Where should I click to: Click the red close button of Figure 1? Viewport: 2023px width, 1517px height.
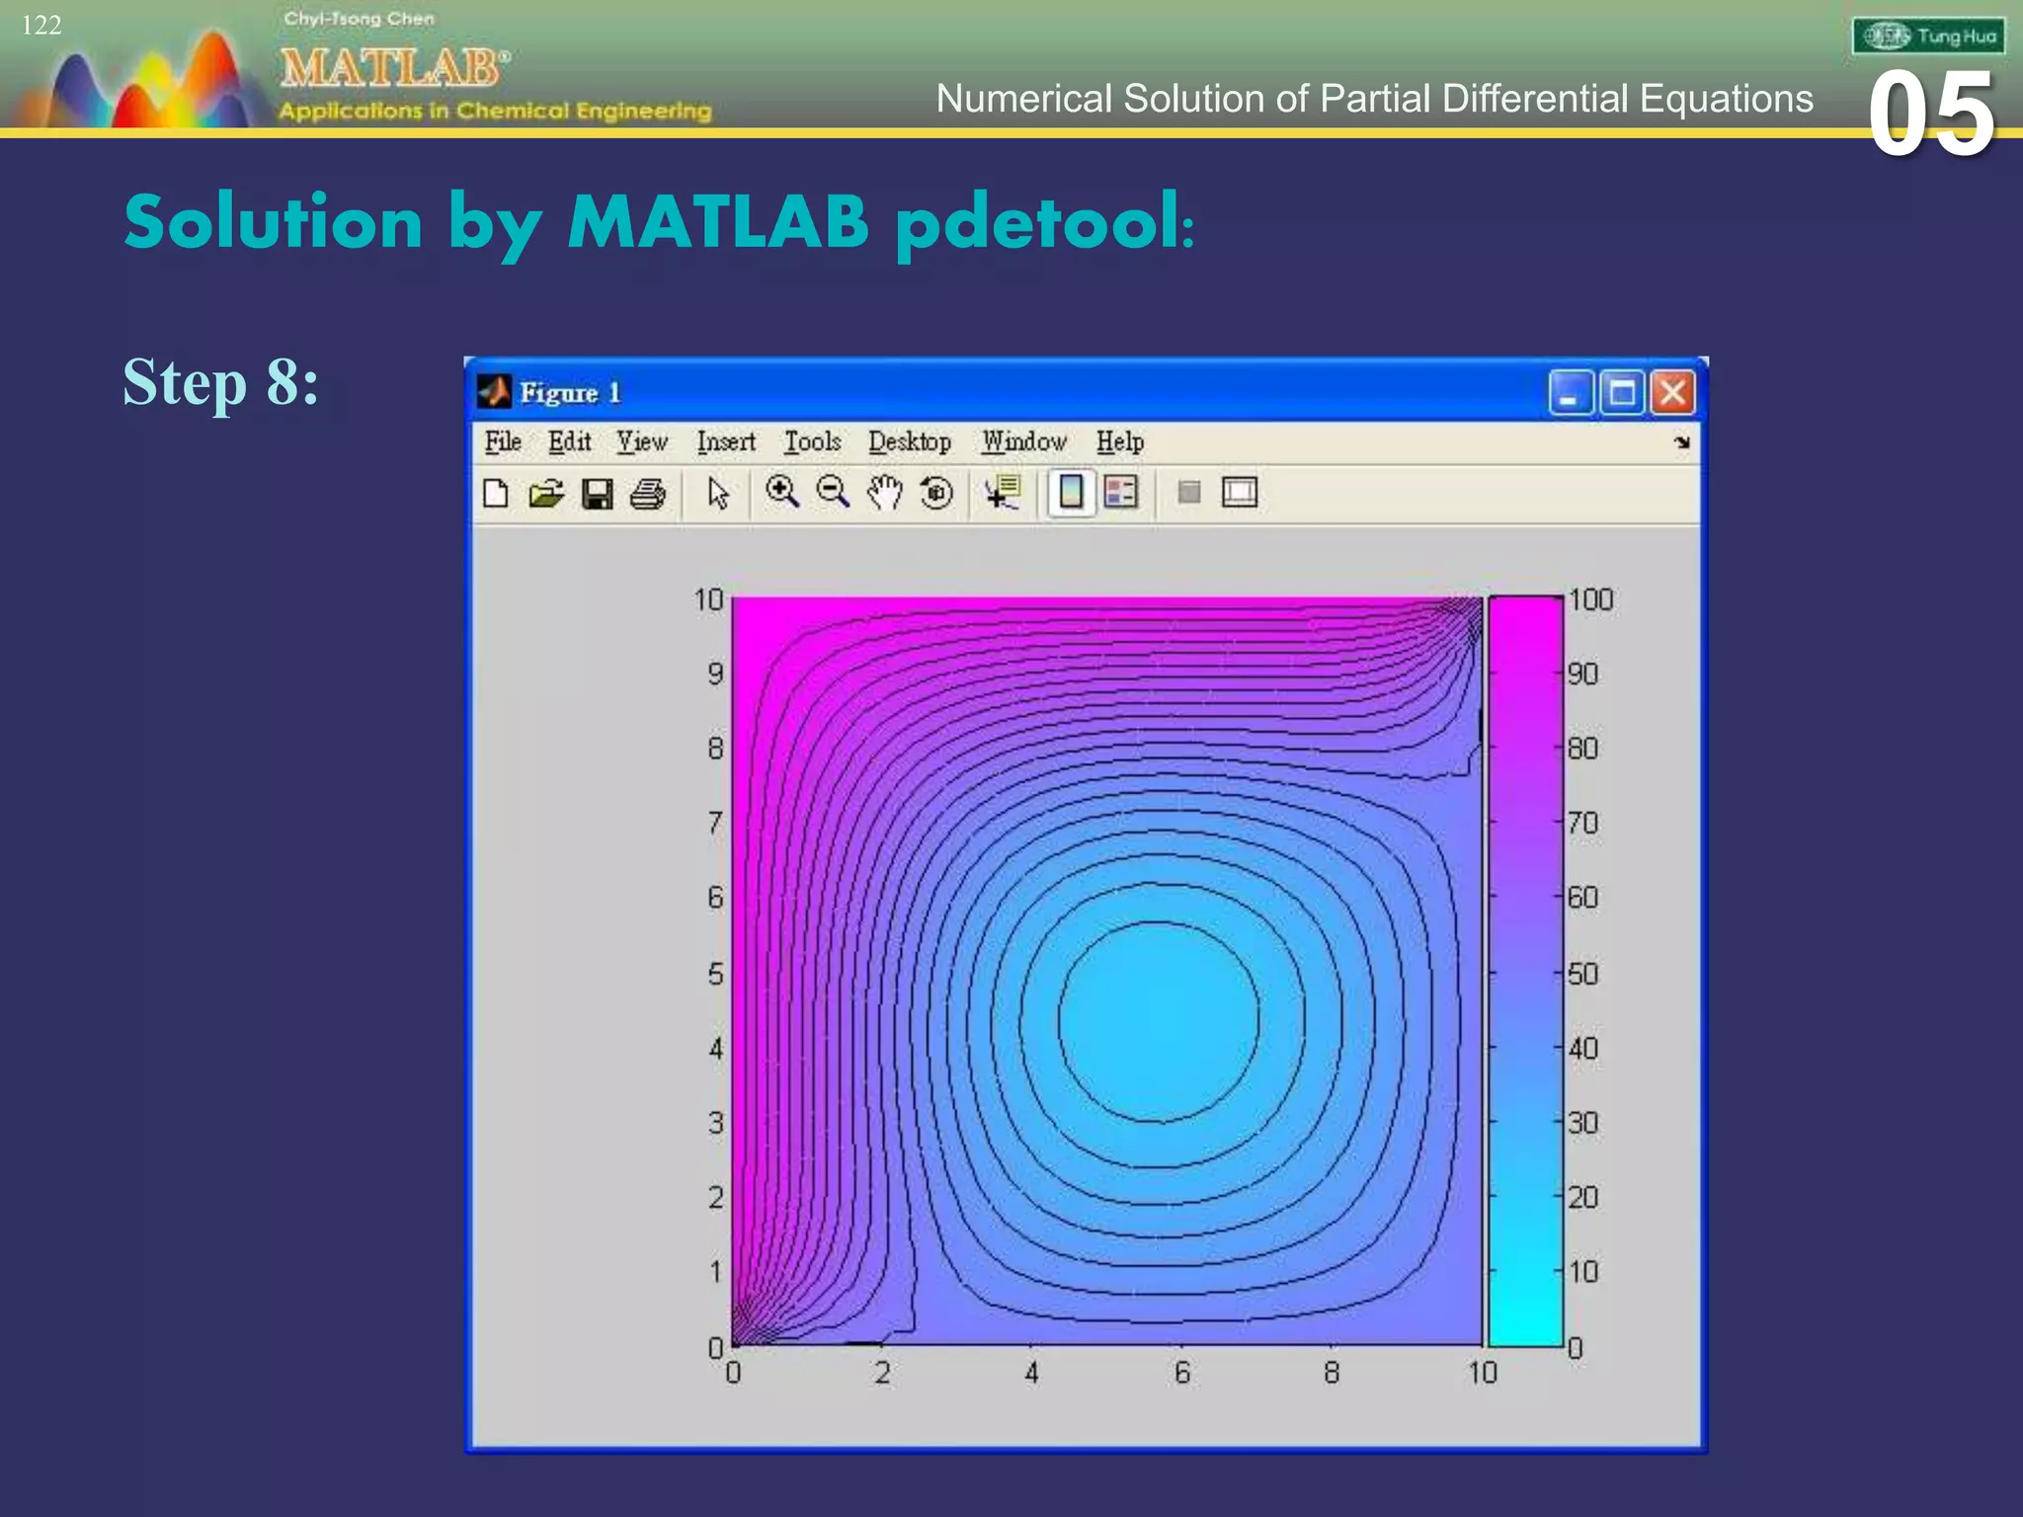1672,393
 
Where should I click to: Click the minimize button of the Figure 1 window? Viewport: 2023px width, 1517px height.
1570,393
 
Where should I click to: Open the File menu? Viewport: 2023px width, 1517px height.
503,441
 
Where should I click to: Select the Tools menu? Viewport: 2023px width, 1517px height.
812,441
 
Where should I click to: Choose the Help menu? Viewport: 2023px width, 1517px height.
1119,441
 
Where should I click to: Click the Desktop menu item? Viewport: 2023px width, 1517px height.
909,441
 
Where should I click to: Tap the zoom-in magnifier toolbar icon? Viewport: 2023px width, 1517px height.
782,492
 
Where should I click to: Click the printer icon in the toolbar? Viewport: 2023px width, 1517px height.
648,493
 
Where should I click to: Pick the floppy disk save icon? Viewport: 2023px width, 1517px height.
598,493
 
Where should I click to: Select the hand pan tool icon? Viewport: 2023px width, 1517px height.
885,492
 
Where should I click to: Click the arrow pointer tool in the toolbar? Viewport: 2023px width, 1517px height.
718,493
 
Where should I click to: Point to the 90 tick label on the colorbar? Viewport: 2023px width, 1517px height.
1582,675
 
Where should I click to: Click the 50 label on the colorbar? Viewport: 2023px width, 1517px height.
1582,974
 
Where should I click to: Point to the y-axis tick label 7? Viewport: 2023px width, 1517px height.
715,823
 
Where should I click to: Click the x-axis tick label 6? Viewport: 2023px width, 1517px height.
1181,1373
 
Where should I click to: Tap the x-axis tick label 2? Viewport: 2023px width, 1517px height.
882,1373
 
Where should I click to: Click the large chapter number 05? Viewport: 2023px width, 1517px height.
1931,115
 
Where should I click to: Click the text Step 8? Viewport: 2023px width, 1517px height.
220,382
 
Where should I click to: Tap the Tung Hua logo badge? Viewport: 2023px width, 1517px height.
1928,37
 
